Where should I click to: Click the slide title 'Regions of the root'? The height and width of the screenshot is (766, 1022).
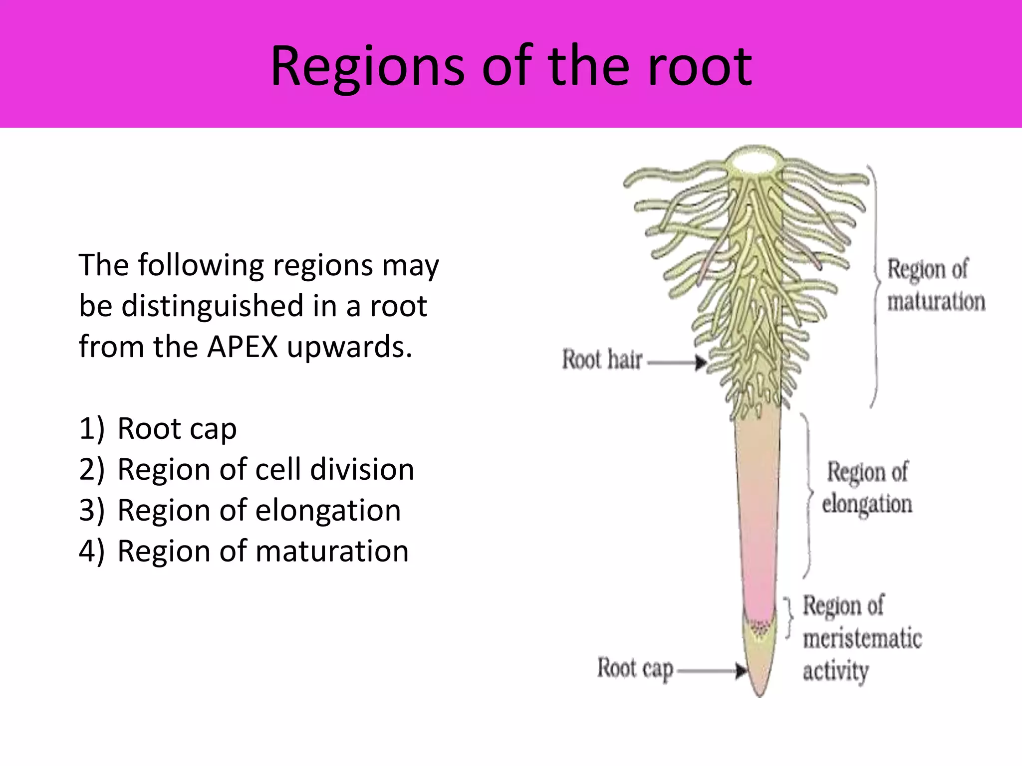coord(511,66)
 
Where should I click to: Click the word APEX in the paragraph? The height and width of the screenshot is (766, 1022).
coord(242,347)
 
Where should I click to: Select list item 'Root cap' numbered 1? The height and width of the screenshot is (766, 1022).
coord(177,428)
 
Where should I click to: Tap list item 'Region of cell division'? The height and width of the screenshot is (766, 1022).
coord(265,469)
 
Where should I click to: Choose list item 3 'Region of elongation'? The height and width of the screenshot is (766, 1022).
coord(258,510)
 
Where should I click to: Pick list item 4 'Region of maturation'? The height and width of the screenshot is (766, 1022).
coord(262,551)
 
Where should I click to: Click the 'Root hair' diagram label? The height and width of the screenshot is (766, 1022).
coord(602,360)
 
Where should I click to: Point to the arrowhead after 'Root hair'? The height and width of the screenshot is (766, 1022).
coord(701,362)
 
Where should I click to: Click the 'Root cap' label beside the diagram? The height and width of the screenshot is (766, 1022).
coord(635,669)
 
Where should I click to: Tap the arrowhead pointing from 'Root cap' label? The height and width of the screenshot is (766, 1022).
coord(742,671)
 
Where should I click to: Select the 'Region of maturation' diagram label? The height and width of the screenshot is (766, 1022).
coord(936,285)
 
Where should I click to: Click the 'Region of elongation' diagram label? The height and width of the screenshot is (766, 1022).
coord(867,488)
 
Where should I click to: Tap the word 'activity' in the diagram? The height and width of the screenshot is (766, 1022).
coord(836,671)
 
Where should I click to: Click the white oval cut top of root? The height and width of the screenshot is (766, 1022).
coord(754,161)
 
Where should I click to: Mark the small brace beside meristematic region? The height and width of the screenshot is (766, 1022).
coord(789,617)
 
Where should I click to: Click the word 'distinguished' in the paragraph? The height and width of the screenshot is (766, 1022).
coord(213,306)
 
